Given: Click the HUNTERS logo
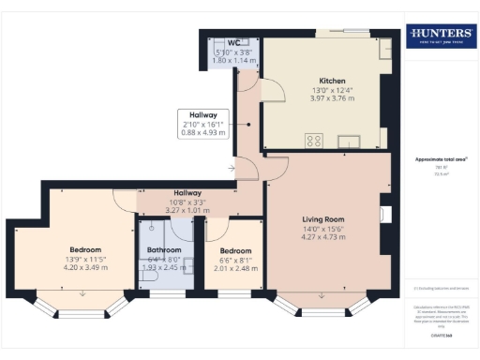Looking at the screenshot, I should (x=440, y=37).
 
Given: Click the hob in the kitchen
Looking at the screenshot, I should (x=314, y=142).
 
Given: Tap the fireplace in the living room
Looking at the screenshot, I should (x=384, y=214).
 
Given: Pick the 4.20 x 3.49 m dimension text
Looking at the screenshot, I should (x=85, y=267).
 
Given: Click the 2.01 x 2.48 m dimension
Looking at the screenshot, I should (x=235, y=268).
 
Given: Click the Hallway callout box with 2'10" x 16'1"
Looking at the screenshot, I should (x=203, y=123).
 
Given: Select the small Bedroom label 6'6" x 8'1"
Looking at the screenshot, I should (x=235, y=250).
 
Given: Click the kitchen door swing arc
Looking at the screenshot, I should (x=272, y=91).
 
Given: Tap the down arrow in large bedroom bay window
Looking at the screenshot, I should (x=83, y=292).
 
